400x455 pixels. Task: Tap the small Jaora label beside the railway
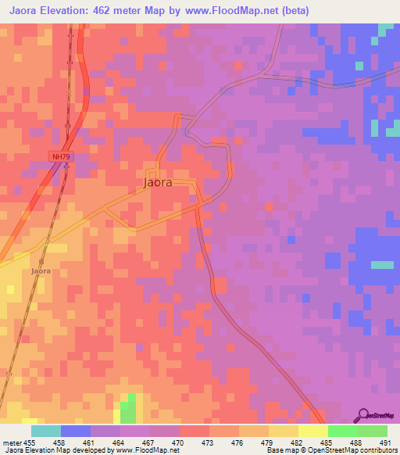tap(41, 271)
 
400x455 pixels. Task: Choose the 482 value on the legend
tap(297, 442)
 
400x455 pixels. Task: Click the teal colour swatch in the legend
tap(46, 431)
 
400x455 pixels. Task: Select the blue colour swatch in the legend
tap(76, 431)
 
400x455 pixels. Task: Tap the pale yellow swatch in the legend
tap(312, 431)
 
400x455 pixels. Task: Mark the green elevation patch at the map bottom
tap(128, 408)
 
